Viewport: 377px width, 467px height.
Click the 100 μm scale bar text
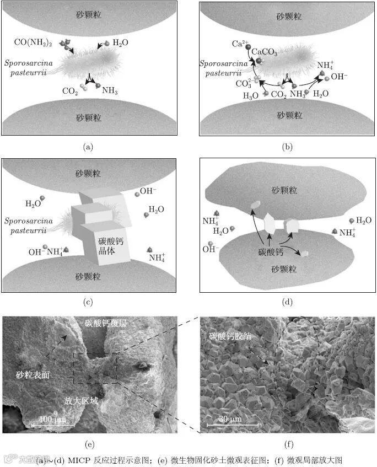coord(52,420)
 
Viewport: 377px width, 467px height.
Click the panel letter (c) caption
coord(88,301)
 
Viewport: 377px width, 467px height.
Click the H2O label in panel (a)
coord(123,42)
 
